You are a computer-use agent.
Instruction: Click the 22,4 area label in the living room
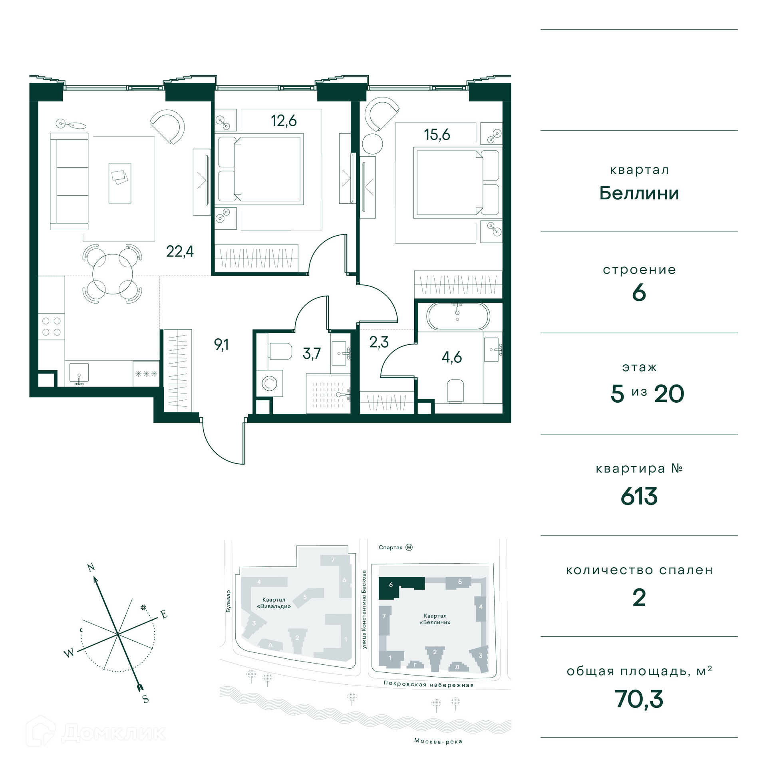click(180, 252)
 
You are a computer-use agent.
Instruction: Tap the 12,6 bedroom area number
click(284, 121)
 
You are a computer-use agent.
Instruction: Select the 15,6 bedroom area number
click(437, 135)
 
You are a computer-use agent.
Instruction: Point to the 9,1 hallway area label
click(221, 344)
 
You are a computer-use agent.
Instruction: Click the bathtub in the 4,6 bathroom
click(457, 316)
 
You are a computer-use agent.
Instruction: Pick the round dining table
click(113, 274)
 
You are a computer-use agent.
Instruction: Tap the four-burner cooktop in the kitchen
click(52, 326)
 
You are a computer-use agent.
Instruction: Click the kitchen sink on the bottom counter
click(79, 373)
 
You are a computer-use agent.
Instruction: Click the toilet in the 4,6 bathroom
click(455, 391)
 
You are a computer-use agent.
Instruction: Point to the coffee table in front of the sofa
click(120, 183)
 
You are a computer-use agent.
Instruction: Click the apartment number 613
click(639, 497)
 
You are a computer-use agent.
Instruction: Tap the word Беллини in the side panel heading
click(639, 193)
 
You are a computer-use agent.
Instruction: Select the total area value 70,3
click(639, 699)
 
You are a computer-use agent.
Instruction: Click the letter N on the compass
click(91, 567)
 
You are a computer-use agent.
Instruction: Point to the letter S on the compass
click(145, 699)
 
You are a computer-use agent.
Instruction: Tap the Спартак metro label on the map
click(391, 547)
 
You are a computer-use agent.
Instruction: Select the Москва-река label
click(438, 741)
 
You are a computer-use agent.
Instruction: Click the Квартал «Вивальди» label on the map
click(274, 603)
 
